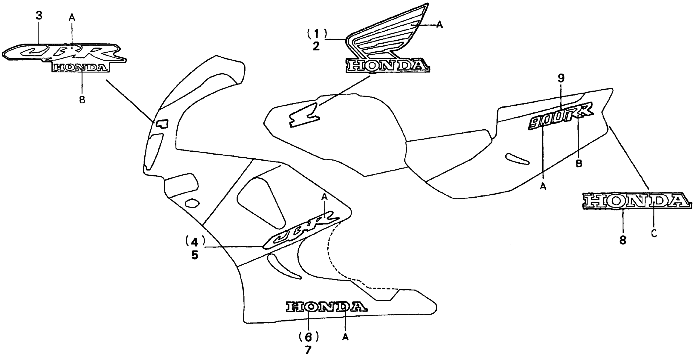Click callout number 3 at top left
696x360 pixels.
point(39,16)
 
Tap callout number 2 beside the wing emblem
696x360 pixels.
point(316,46)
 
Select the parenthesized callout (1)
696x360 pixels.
point(317,34)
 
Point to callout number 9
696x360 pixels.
point(561,78)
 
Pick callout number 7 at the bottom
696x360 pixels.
point(308,350)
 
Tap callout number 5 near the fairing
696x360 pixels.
point(195,255)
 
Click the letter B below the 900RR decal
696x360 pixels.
point(579,163)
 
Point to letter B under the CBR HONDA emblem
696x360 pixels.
point(82,100)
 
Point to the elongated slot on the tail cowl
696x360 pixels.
point(518,159)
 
